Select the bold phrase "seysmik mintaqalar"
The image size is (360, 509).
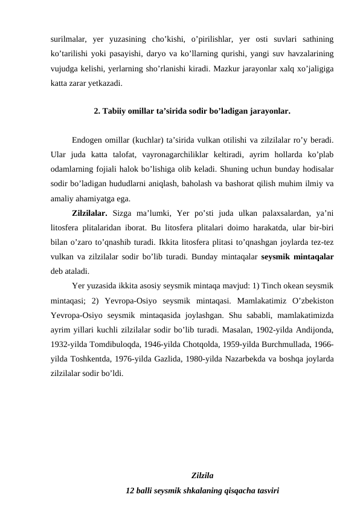click(298, 259)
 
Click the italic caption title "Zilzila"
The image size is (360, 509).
click(202, 475)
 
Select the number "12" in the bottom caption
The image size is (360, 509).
click(129, 489)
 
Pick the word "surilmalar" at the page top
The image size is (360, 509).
click(68, 38)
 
